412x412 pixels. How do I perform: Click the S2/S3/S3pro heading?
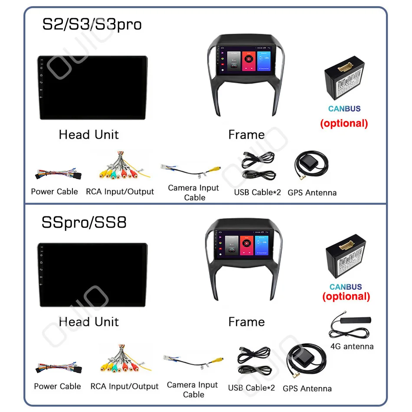click(x=92, y=24)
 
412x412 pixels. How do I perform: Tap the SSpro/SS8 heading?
click(x=84, y=222)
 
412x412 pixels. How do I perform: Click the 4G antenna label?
click(x=352, y=346)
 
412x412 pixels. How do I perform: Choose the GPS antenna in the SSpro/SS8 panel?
click(x=305, y=363)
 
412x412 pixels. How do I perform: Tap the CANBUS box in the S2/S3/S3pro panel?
click(x=345, y=82)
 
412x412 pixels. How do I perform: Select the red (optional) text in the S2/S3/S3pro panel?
click(x=344, y=123)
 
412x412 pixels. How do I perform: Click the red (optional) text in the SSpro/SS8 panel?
click(x=346, y=297)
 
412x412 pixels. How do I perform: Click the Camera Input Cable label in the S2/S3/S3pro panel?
click(x=193, y=193)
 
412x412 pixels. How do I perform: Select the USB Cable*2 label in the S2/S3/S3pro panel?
click(x=258, y=192)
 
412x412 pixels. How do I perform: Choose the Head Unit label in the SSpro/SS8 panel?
click(x=88, y=322)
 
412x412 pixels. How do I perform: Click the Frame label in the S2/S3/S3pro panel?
click(x=246, y=135)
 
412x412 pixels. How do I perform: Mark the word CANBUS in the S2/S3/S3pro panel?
click(x=344, y=109)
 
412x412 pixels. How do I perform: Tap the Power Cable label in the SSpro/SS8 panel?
click(x=57, y=386)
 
